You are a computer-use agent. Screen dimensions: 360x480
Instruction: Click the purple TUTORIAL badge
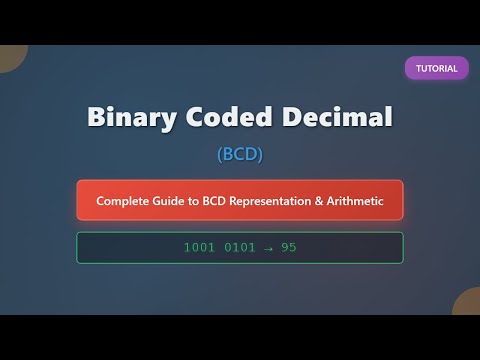point(437,68)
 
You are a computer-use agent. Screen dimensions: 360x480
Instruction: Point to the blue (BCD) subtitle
point(240,154)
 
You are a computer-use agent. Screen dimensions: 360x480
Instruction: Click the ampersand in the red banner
point(333,201)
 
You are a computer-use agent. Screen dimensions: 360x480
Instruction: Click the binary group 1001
point(199,247)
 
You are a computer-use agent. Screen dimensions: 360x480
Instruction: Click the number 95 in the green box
point(288,247)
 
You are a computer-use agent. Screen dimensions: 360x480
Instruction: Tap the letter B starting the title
point(97,117)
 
